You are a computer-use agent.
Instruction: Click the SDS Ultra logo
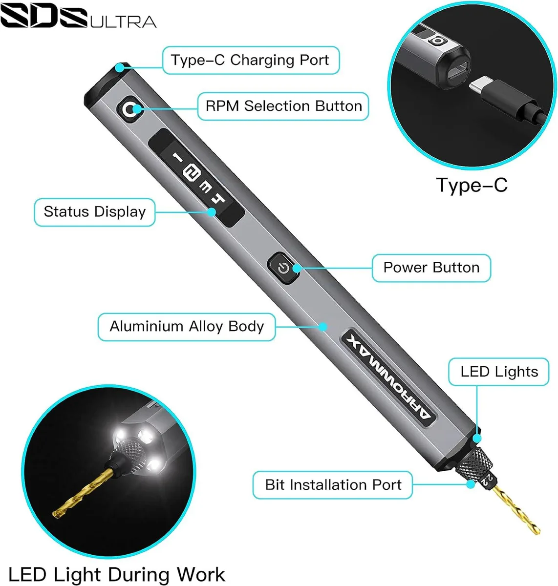(x=78, y=17)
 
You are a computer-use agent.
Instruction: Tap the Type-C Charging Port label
(x=251, y=60)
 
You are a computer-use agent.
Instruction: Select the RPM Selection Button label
(x=283, y=106)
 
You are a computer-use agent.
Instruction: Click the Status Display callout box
(x=95, y=212)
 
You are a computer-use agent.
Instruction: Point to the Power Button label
(x=431, y=268)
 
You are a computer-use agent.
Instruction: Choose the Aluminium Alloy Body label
(x=187, y=327)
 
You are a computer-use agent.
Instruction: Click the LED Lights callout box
(x=499, y=372)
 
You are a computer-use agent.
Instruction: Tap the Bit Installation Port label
(x=333, y=485)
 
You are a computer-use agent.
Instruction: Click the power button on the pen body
(x=283, y=268)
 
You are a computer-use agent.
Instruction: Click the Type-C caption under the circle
(x=472, y=186)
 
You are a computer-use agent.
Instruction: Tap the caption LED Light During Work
(x=117, y=574)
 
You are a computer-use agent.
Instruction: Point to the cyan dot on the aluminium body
(x=323, y=327)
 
